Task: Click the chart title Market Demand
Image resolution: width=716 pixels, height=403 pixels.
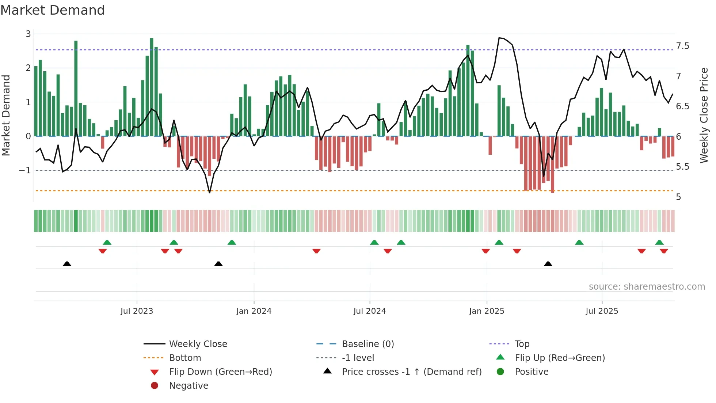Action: click(53, 10)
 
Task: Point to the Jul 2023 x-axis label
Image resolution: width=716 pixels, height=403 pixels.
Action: click(137, 311)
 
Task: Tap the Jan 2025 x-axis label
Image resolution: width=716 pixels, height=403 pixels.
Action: click(487, 311)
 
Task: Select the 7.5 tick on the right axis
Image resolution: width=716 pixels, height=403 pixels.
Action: click(682, 46)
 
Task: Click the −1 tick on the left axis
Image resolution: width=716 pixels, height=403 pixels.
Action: click(25, 170)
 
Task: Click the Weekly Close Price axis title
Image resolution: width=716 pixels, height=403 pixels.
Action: click(704, 115)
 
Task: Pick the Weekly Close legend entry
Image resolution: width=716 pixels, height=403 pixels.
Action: click(198, 344)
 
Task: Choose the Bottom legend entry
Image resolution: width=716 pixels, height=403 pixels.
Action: click(185, 358)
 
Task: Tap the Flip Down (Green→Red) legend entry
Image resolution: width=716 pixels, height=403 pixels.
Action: click(220, 372)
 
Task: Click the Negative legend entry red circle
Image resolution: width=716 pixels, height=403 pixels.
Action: click(155, 386)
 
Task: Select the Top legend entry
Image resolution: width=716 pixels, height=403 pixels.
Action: click(522, 344)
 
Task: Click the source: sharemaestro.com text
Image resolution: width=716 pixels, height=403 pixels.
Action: click(647, 287)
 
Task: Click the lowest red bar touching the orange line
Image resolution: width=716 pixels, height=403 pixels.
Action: click(552, 165)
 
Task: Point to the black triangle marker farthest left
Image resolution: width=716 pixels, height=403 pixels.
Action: click(67, 264)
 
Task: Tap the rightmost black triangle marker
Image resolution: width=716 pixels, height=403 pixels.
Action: click(548, 264)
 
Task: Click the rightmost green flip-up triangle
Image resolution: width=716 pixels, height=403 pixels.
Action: click(659, 242)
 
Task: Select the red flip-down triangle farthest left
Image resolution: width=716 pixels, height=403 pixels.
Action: click(103, 251)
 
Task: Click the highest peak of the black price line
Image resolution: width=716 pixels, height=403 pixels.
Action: click(499, 38)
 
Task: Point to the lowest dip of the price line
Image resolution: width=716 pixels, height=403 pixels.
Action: click(210, 192)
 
